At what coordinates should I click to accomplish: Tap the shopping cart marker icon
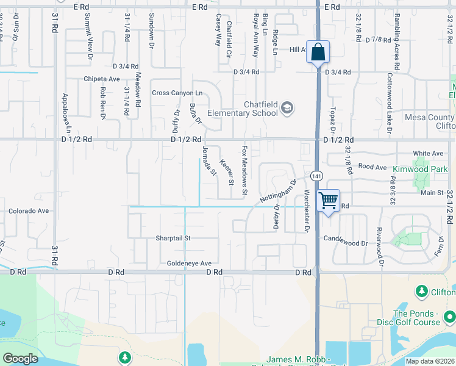coord(328,199)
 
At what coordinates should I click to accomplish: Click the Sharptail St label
coord(173,238)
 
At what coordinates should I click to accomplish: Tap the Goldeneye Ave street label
coord(189,264)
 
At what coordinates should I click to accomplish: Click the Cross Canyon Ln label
coord(177,93)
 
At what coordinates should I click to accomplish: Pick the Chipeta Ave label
coord(102,79)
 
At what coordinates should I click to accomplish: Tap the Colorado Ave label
coord(28,211)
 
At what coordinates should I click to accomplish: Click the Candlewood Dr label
coord(346,243)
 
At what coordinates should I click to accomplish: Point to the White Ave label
coord(427,153)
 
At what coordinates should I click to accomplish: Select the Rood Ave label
coord(373,167)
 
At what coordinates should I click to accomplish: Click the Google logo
coord(20,359)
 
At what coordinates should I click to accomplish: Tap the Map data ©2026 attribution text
coord(430,361)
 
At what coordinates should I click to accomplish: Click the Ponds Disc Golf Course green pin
coord(449,317)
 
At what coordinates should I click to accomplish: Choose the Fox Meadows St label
coord(245,170)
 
